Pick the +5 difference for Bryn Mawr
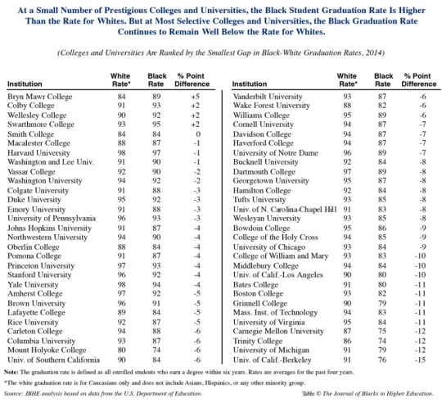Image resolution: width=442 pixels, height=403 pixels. (x=192, y=97)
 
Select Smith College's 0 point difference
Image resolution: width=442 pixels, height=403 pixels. (x=192, y=131)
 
